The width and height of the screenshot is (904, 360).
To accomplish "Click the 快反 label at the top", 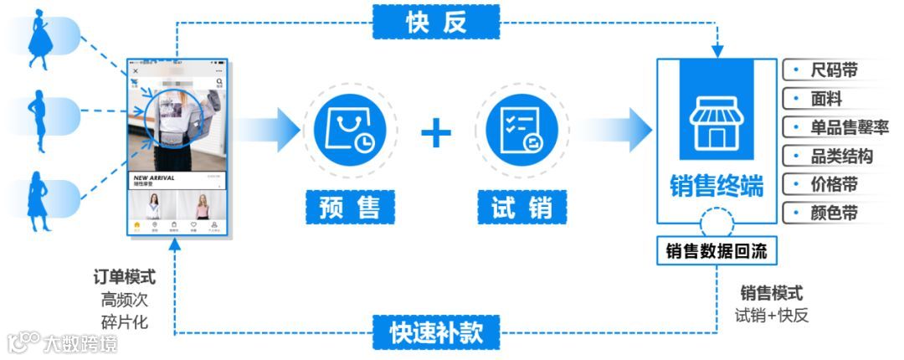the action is pyautogui.click(x=436, y=23).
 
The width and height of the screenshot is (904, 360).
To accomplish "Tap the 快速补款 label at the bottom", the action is pyautogui.click(x=436, y=332).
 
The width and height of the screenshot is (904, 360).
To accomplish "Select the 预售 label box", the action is pyautogui.click(x=350, y=207).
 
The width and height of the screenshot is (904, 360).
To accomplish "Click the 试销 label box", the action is pyautogui.click(x=521, y=207).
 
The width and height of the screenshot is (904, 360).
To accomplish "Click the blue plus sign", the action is pyautogui.click(x=435, y=133).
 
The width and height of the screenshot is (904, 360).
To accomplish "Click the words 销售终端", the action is pyautogui.click(x=716, y=187).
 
